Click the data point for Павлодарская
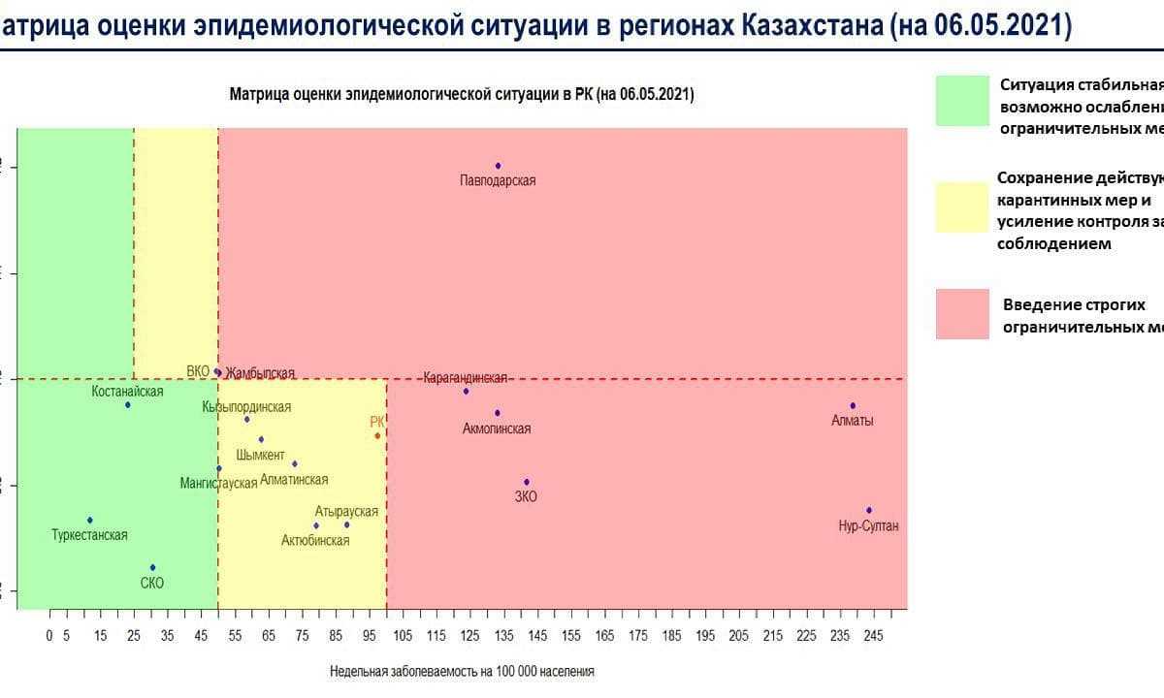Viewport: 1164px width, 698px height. (498, 166)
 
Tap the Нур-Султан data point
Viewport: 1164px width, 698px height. (869, 510)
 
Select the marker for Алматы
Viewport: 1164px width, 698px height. (853, 405)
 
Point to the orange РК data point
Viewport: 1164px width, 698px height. (377, 435)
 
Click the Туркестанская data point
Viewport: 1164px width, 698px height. (89, 520)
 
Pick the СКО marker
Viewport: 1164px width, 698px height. (152, 567)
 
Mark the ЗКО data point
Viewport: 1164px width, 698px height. (527, 482)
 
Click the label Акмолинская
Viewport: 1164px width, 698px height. (497, 428)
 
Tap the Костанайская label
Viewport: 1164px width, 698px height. (127, 391)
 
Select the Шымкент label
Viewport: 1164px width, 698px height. (260, 456)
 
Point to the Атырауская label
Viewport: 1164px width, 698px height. (346, 511)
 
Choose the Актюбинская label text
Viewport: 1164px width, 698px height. (315, 540)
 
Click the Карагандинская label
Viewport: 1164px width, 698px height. (466, 377)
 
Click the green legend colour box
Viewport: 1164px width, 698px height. (962, 101)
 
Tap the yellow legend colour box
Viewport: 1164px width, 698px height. (962, 206)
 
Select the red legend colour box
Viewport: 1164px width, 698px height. (962, 313)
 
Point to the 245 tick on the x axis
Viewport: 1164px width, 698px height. (874, 635)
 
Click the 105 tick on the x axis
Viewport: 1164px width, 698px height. (403, 635)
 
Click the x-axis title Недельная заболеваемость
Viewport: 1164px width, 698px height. (462, 671)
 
